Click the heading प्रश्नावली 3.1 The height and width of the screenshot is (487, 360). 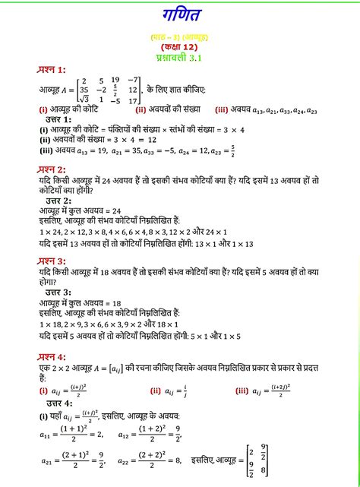[x=179, y=57]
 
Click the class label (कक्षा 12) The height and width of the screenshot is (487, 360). [x=179, y=46]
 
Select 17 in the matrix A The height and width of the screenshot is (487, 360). [x=134, y=100]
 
